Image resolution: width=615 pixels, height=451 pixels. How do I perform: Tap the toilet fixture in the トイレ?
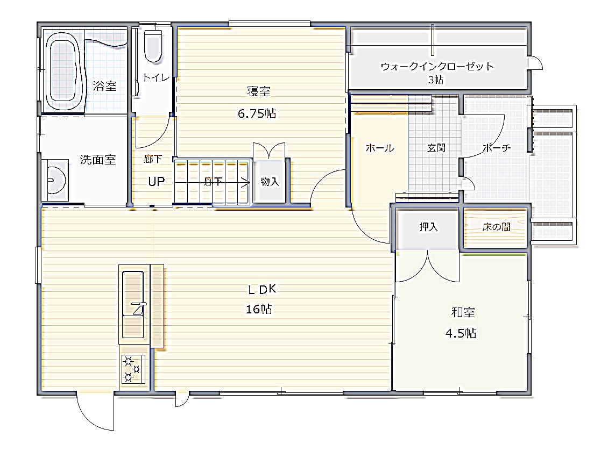click(153, 46)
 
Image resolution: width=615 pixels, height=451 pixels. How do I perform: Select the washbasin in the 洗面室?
click(56, 180)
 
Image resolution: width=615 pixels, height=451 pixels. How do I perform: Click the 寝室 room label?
click(258, 91)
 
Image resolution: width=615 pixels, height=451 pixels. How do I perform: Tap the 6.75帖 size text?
click(257, 113)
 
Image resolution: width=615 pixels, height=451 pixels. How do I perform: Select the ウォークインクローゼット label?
click(437, 66)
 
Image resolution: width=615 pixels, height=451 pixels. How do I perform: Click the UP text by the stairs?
click(156, 181)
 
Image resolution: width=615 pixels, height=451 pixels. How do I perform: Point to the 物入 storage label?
click(270, 181)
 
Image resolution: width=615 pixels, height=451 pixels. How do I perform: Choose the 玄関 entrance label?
click(436, 148)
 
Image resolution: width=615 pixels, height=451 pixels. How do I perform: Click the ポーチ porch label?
click(497, 148)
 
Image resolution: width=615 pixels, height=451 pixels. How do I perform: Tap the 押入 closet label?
click(428, 227)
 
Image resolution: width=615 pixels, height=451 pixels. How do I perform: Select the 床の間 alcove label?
click(497, 227)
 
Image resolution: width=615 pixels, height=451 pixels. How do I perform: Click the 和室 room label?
click(463, 312)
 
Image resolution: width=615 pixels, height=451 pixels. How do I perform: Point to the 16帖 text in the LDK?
click(259, 309)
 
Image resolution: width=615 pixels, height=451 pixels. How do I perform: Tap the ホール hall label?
click(380, 148)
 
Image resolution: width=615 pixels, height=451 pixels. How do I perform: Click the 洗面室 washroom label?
click(98, 160)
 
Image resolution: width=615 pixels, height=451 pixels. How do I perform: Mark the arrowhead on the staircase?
click(246, 183)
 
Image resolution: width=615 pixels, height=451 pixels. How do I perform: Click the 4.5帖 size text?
click(461, 333)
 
